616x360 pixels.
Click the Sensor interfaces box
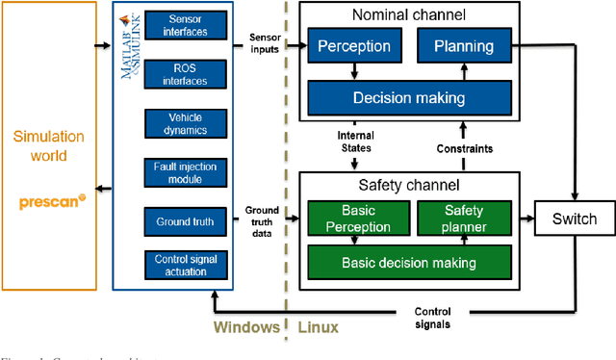[x=186, y=25]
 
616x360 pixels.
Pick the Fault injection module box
[x=186, y=172]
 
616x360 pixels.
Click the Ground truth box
[x=186, y=220]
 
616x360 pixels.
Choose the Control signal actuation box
[x=186, y=265]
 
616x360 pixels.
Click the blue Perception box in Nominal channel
[x=355, y=46]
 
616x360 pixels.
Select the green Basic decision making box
[x=408, y=263]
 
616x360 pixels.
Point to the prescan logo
[x=52, y=203]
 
